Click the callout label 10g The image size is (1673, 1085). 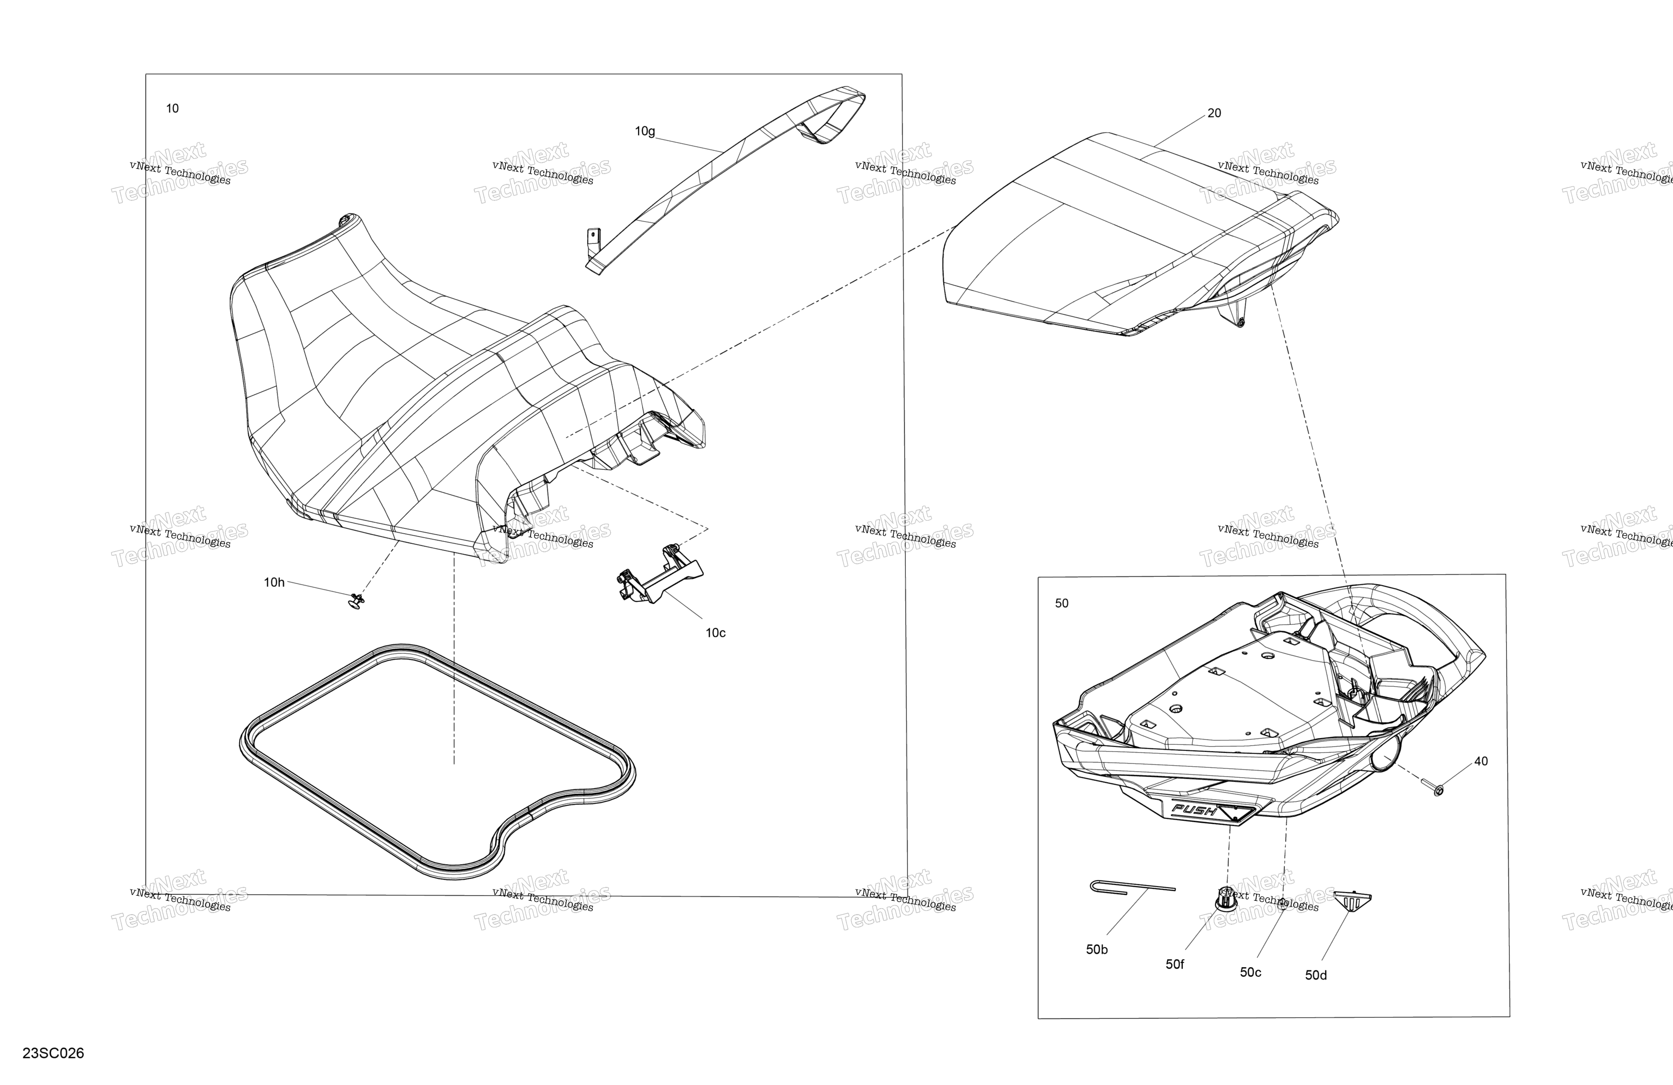click(x=645, y=131)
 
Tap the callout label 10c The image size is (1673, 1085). click(x=716, y=633)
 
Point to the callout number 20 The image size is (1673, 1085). click(x=1214, y=113)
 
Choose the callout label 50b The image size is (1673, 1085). click(x=1097, y=949)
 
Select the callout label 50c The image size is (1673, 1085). click(x=1250, y=972)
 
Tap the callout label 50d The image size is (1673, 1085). click(x=1316, y=975)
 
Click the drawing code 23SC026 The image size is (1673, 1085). click(x=53, y=1053)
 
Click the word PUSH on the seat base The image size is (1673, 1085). click(x=1194, y=811)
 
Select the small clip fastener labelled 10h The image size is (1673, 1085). click(x=357, y=601)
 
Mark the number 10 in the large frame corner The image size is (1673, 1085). click(x=172, y=108)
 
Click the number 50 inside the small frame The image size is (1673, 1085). click(x=1062, y=603)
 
